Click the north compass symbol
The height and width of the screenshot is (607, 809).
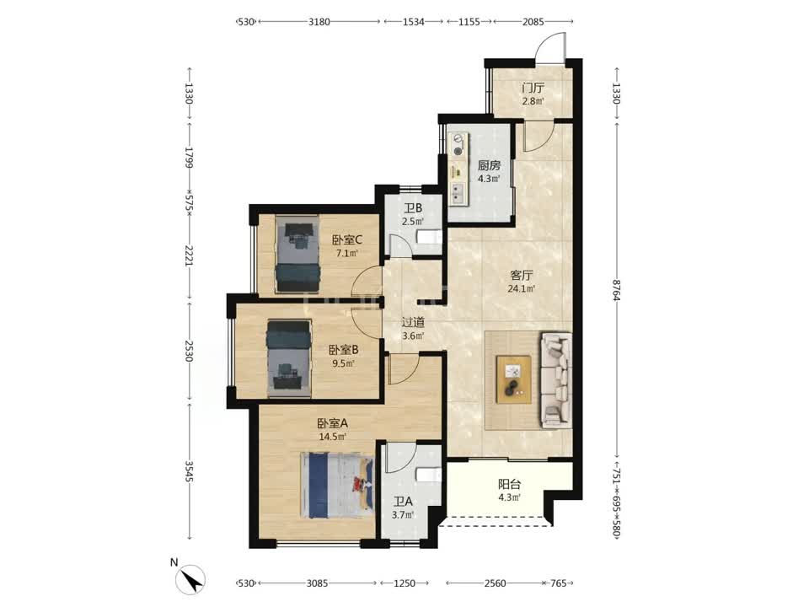[190, 579]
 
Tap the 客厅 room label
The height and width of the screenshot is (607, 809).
[521, 275]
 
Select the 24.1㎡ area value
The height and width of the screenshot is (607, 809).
[521, 288]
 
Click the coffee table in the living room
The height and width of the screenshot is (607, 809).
[514, 379]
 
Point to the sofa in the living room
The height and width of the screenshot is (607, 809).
[555, 380]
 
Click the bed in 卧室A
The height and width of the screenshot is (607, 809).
[337, 486]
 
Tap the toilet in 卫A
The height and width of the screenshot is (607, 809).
[429, 475]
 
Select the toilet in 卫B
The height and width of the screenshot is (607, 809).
[429, 238]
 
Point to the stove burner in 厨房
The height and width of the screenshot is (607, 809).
[458, 151]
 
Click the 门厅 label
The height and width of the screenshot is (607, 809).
[533, 89]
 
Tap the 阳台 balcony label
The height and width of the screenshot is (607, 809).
[509, 484]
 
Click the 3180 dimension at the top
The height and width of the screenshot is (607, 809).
[319, 22]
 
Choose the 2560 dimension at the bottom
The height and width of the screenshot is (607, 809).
[495, 583]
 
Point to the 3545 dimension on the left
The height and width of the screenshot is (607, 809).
[189, 471]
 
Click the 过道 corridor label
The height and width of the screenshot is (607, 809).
[413, 322]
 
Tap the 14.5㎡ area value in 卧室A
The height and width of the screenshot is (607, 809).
[332, 437]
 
